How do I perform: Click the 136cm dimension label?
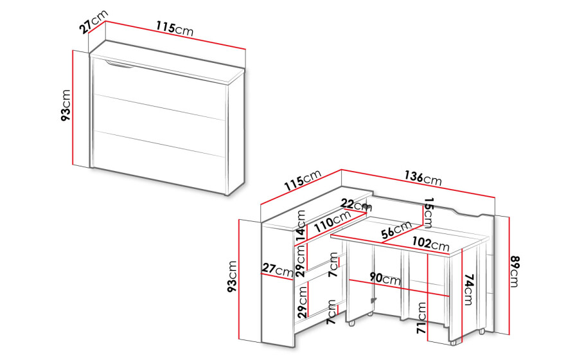(x=423, y=178)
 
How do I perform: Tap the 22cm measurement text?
(x=356, y=205)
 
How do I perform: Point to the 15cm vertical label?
(x=429, y=213)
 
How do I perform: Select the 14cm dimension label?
(x=301, y=225)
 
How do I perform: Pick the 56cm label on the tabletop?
(x=396, y=230)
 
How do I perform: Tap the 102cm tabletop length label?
(x=430, y=244)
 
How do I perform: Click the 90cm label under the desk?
(x=385, y=278)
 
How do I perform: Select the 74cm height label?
(x=468, y=289)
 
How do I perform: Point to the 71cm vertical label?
(x=421, y=318)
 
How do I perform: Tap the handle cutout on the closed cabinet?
(x=119, y=64)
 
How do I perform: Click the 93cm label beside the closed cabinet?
(x=66, y=105)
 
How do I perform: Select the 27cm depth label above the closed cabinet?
(x=94, y=22)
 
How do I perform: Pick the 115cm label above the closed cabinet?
(x=175, y=28)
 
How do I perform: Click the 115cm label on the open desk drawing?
(x=303, y=180)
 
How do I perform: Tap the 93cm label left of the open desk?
(x=232, y=276)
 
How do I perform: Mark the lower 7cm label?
(x=332, y=312)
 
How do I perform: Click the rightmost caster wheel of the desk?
(x=482, y=330)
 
